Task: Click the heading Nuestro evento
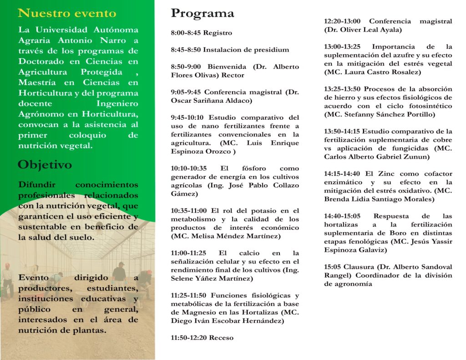pos(67,13)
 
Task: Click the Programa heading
pos(203,14)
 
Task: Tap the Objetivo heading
pos(45,165)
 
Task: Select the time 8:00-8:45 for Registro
pos(186,33)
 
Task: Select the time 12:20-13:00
pos(342,21)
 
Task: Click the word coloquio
pos(87,135)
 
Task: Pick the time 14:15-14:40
pos(342,173)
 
